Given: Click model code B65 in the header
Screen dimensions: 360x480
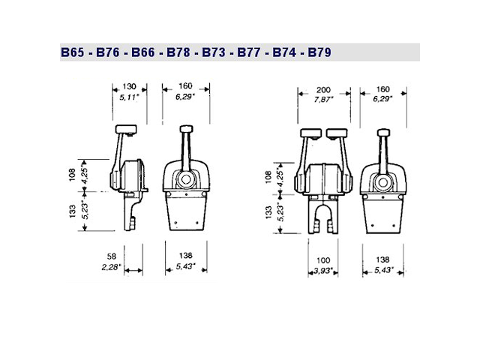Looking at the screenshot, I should [x=73, y=53].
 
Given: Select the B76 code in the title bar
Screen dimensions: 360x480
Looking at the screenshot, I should [x=109, y=53].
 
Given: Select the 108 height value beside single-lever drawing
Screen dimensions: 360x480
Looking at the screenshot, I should [x=72, y=174].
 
